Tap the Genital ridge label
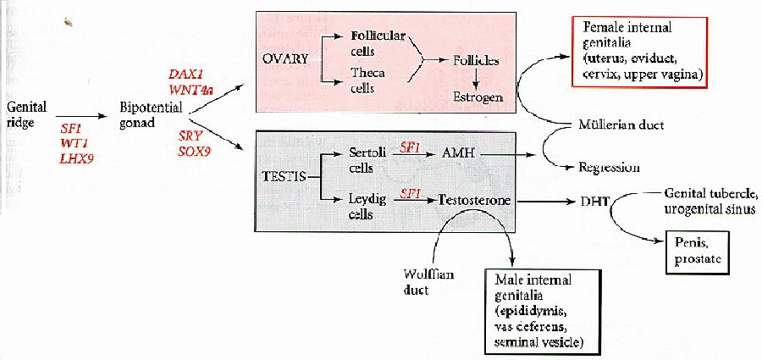pyautogui.click(x=26, y=115)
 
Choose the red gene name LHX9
pyautogui.click(x=77, y=158)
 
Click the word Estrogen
pyautogui.click(x=478, y=97)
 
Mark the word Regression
pyautogui.click(x=610, y=167)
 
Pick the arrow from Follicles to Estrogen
pyautogui.click(x=477, y=77)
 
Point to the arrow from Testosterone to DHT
pyautogui.click(x=546, y=201)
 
